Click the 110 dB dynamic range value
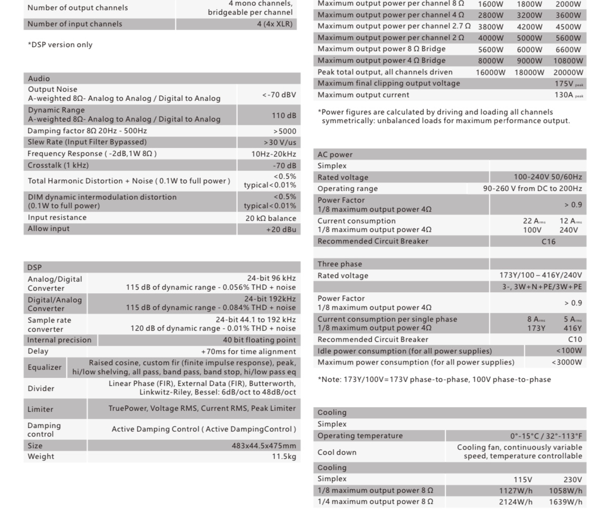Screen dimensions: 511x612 pyautogui.click(x=283, y=115)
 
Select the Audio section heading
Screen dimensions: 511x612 pyautogui.click(x=39, y=78)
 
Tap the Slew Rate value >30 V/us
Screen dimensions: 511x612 pyautogui.click(x=280, y=142)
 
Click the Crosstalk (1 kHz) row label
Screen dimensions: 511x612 pyautogui.click(x=58, y=165)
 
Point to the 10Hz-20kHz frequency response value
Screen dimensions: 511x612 pyautogui.click(x=274, y=154)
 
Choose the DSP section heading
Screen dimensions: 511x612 pyautogui.click(x=35, y=267)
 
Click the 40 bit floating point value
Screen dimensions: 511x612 pyautogui.click(x=259, y=340)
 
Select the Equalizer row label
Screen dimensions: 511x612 pyautogui.click(x=45, y=367)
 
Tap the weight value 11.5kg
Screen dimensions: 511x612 pyautogui.click(x=284, y=456)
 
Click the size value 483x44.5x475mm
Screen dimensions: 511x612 pyautogui.click(x=264, y=446)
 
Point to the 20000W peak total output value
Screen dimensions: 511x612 pyautogui.click(x=568, y=72)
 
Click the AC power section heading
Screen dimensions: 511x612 pyautogui.click(x=335, y=154)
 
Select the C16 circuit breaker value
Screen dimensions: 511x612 pyautogui.click(x=549, y=242)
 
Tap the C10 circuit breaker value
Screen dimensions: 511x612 pyautogui.click(x=575, y=339)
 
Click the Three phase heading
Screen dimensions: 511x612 pyautogui.click(x=340, y=264)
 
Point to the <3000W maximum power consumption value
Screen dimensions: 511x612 pyautogui.click(x=567, y=362)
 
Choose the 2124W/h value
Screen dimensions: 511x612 pyautogui.click(x=516, y=502)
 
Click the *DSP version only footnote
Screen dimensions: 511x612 pyautogui.click(x=60, y=45)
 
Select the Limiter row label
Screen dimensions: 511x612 pyautogui.click(x=41, y=409)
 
